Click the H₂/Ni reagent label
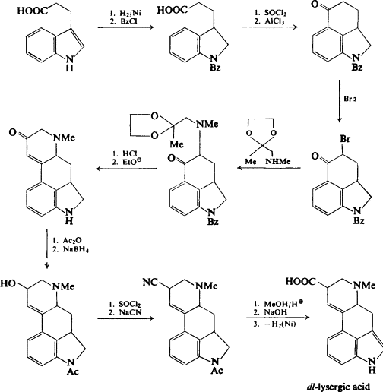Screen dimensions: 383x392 130,13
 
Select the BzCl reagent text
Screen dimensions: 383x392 128,21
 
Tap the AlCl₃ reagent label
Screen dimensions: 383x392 274,21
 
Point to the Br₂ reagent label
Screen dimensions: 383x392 350,99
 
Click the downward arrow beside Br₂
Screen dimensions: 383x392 340,101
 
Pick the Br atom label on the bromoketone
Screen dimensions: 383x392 345,139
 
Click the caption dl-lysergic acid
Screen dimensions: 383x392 338,387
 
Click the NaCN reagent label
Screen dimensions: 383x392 130,312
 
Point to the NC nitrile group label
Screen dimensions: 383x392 150,282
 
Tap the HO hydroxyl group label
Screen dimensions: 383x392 8,283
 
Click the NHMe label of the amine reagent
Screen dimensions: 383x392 278,161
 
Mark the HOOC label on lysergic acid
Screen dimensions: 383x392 301,281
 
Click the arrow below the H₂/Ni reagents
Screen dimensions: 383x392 126,27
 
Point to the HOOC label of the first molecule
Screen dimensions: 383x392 32,11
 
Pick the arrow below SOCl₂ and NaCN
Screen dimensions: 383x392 126,318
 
